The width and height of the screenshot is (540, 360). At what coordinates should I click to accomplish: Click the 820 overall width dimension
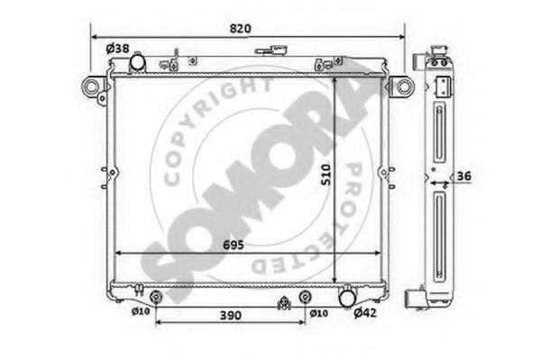pyautogui.click(x=240, y=29)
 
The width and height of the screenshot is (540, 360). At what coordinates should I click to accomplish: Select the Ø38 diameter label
pyautogui.click(x=117, y=49)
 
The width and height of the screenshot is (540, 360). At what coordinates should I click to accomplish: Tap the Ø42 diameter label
pyautogui.click(x=365, y=313)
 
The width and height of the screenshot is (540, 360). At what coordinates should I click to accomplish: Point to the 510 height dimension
pyautogui.click(x=325, y=175)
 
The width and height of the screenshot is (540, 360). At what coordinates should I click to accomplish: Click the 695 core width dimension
pyautogui.click(x=233, y=245)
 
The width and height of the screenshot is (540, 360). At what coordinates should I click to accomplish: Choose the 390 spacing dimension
pyautogui.click(x=231, y=315)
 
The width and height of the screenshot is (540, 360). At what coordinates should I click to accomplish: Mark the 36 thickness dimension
pyautogui.click(x=463, y=176)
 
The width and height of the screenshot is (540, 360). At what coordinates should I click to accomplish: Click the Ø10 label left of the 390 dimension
pyautogui.click(x=141, y=311)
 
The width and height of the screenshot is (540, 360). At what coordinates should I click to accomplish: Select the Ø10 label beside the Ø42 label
pyautogui.click(x=318, y=313)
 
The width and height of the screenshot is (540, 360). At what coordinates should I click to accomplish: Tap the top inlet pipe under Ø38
pyautogui.click(x=137, y=62)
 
